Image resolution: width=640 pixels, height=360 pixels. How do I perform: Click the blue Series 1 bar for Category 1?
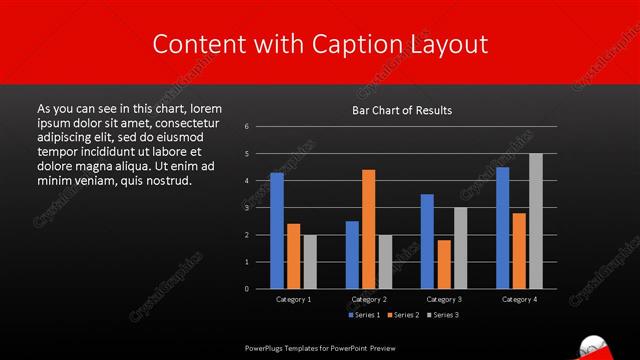tap(277, 231)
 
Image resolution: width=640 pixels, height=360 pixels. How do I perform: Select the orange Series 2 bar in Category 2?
tap(369, 229)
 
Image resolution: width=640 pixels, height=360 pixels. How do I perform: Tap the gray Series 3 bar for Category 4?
tap(536, 221)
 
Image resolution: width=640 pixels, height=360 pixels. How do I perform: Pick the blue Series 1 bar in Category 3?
tap(427, 241)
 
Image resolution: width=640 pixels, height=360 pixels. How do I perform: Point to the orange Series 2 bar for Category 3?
tap(444, 264)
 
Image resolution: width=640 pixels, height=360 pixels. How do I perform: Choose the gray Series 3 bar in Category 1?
tap(310, 261)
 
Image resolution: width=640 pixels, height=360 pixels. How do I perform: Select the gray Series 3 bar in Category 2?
tap(386, 261)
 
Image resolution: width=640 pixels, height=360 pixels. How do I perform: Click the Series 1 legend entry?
tap(362, 315)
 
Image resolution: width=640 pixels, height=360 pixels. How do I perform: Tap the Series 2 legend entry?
tap(402, 315)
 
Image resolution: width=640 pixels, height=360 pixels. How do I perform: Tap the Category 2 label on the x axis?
tap(369, 299)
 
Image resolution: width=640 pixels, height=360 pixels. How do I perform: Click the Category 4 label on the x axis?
tap(519, 299)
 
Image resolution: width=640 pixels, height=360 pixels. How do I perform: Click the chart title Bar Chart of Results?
tap(402, 110)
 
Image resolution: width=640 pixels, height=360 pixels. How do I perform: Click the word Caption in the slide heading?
tap(359, 44)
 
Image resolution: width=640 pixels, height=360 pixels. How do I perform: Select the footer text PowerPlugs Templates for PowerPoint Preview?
tap(320, 348)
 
